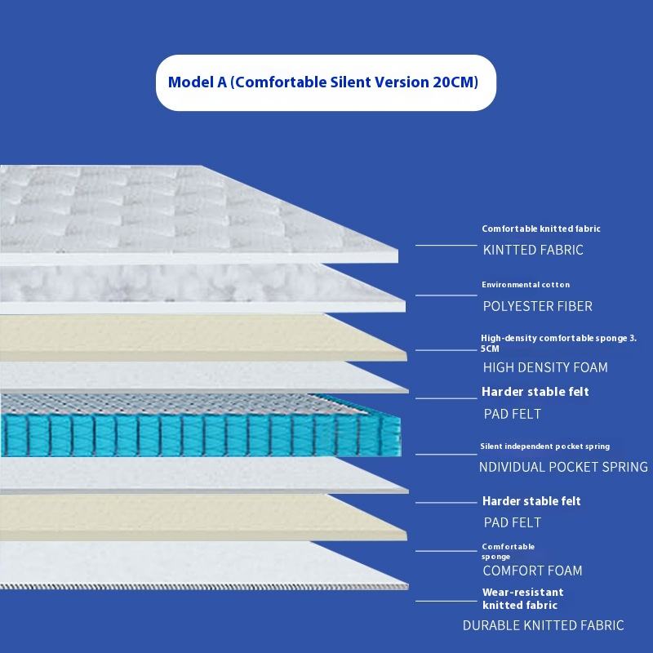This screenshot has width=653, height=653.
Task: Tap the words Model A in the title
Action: [193, 82]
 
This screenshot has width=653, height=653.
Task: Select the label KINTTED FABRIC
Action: [533, 250]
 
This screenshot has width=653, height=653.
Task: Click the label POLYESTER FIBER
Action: [537, 306]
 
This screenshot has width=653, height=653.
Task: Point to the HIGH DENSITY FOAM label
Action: [545, 367]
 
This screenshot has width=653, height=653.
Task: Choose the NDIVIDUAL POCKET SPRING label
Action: [563, 467]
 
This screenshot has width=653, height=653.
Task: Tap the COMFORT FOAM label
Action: [532, 571]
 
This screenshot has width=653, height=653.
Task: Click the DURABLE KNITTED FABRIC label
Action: [543, 625]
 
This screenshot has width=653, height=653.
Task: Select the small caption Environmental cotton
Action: [526, 285]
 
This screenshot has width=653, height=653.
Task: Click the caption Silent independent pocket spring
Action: [545, 446]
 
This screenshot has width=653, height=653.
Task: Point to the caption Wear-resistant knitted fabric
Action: [522, 598]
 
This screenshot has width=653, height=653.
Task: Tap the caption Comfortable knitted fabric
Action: [541, 229]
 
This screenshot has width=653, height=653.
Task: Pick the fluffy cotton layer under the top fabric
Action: [163, 286]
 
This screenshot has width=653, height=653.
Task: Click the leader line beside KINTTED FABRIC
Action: [446, 244]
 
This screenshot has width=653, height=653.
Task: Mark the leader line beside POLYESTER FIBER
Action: [446, 295]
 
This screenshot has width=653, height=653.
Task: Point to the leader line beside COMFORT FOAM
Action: [446, 562]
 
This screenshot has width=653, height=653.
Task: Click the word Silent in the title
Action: [356, 82]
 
